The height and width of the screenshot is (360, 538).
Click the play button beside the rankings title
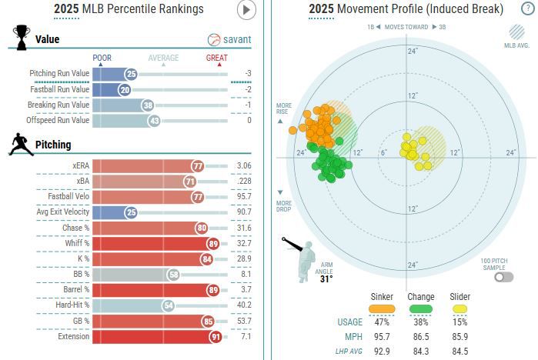pyautogui.click(x=246, y=9)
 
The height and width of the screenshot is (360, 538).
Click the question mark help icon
pyautogui.click(x=523, y=9)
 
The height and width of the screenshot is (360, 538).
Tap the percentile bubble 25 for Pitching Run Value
pyautogui.click(x=131, y=74)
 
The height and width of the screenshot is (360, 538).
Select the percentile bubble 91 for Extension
pyautogui.click(x=216, y=337)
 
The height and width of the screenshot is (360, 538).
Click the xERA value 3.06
pyautogui.click(x=244, y=166)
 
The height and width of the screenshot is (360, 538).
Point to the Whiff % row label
pyautogui.click(x=76, y=243)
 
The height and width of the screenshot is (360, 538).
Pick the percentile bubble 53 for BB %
pyautogui.click(x=174, y=275)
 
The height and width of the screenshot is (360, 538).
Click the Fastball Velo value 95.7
pyautogui.click(x=244, y=197)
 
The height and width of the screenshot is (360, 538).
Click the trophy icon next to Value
pyautogui.click(x=22, y=36)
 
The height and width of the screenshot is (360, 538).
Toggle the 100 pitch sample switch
pyautogui.click(x=504, y=277)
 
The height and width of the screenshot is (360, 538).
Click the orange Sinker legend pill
pyautogui.click(x=382, y=308)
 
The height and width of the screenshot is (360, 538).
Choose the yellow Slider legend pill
pyautogui.click(x=460, y=308)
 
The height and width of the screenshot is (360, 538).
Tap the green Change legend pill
pyautogui.click(x=421, y=308)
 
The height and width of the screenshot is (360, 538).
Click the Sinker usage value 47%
pyautogui.click(x=382, y=322)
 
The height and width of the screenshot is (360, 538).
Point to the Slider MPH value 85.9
pyautogui.click(x=460, y=336)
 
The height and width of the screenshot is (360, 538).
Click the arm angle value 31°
pyautogui.click(x=326, y=279)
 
